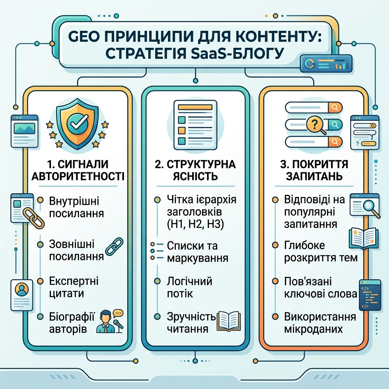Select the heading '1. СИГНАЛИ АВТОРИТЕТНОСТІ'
click(x=78, y=170)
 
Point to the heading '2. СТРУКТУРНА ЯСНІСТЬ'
click(x=195, y=170)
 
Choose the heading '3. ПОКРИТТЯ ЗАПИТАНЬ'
click(x=314, y=170)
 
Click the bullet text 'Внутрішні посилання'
click(x=76, y=207)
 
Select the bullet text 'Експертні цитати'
click(x=74, y=287)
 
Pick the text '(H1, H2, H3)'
click(x=195, y=224)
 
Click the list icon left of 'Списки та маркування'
click(x=157, y=251)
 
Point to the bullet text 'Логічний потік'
click(x=190, y=288)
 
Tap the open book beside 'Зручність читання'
click(x=229, y=321)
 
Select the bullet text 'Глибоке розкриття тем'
click(x=321, y=251)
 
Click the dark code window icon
click(x=370, y=295)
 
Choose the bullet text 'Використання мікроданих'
click(x=320, y=323)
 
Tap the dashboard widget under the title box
click(x=326, y=64)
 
